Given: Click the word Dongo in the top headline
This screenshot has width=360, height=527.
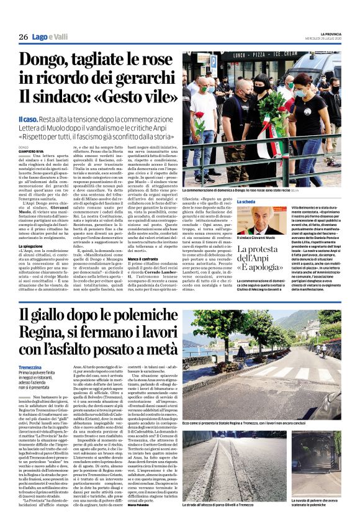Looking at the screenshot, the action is tap(46, 62).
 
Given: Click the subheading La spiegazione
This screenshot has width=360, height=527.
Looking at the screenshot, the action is tap(34, 246).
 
